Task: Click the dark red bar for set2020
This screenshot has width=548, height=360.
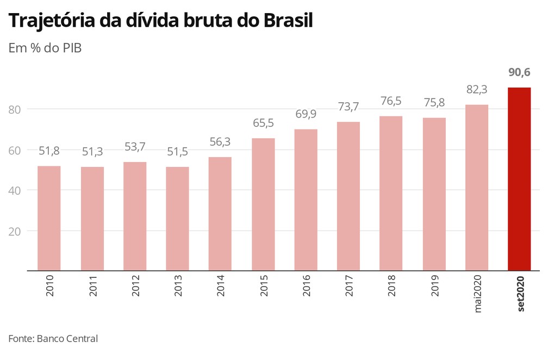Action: (x=519, y=179)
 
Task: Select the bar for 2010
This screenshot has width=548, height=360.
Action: (x=49, y=218)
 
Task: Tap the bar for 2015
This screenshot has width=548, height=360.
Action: (x=263, y=204)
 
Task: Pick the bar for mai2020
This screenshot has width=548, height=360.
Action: (x=477, y=188)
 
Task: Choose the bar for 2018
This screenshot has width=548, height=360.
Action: (x=391, y=193)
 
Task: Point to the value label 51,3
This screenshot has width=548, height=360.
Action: (x=92, y=152)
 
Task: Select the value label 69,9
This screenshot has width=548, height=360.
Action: (x=306, y=114)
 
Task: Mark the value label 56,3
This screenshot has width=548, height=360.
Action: (x=220, y=142)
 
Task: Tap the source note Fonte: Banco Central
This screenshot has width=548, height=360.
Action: (x=53, y=338)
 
